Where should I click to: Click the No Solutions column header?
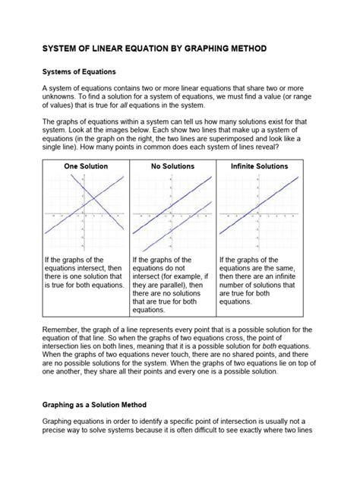click(174, 166)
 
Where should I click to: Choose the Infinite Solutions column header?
click(261, 166)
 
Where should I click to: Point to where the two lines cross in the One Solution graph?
click(90, 200)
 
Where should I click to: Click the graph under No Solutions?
click(174, 215)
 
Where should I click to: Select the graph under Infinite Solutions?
click(261, 215)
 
